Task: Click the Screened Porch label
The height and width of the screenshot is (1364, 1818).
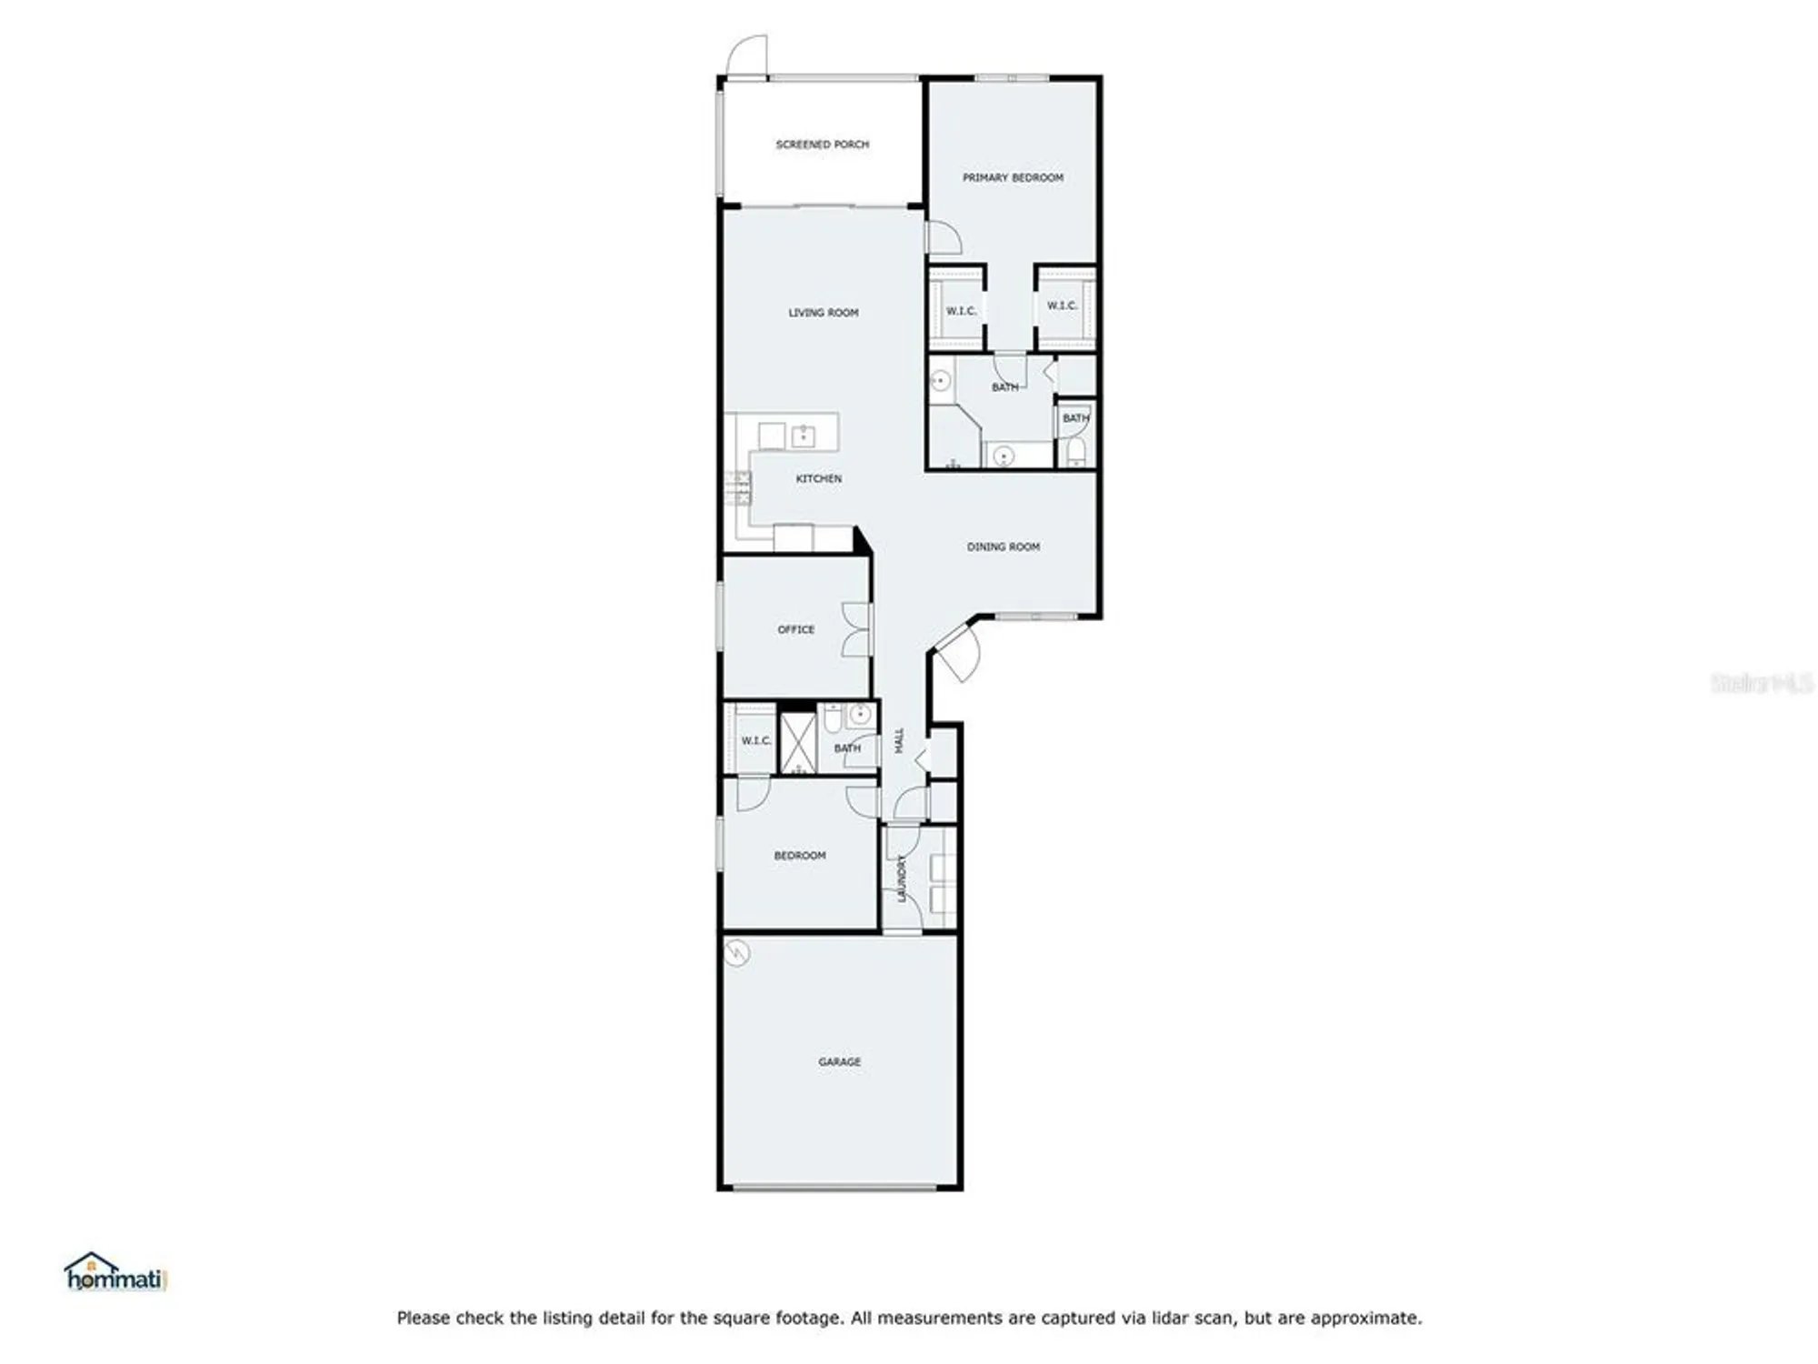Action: [822, 145]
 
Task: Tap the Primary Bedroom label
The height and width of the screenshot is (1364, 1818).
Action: [1013, 177]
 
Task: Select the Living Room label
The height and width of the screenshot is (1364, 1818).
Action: [823, 313]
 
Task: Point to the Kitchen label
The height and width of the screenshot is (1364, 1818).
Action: [818, 478]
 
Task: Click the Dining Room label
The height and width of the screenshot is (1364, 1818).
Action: [1003, 547]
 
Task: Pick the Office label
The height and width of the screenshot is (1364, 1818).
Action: [795, 629]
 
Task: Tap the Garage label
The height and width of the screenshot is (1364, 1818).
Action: [839, 1061]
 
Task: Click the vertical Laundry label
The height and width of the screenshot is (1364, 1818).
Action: [902, 878]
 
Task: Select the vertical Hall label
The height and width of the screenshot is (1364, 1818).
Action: [899, 740]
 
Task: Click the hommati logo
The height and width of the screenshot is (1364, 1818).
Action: [115, 1273]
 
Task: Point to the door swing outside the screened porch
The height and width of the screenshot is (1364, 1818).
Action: [747, 56]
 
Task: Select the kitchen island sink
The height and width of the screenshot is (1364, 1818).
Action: [803, 436]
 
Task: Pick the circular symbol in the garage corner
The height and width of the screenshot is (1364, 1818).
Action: [737, 953]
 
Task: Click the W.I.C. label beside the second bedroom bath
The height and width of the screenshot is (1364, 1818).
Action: [755, 741]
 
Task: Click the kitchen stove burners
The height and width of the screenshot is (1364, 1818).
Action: [738, 488]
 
